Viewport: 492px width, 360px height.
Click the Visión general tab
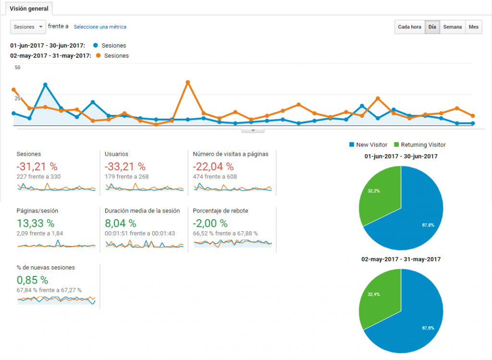(x=29, y=9)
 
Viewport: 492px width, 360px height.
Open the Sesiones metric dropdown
(x=28, y=27)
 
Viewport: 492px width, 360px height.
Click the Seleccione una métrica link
(x=100, y=27)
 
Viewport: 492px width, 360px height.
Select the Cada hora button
(x=409, y=27)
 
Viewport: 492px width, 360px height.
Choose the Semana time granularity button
(x=452, y=27)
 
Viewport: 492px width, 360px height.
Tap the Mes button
(x=474, y=27)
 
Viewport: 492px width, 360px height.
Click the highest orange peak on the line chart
(x=188, y=82)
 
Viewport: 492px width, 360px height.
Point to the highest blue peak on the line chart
(x=45, y=85)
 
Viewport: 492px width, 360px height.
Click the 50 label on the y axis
(x=17, y=68)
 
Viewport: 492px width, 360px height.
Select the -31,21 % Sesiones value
(x=37, y=167)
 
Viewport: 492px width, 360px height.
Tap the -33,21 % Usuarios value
(x=125, y=167)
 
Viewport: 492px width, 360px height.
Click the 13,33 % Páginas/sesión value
(x=36, y=223)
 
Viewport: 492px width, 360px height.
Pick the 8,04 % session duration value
(x=121, y=223)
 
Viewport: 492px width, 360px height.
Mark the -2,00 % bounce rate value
(x=210, y=223)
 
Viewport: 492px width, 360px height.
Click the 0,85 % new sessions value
(x=33, y=280)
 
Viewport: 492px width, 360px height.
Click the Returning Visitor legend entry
(x=419, y=145)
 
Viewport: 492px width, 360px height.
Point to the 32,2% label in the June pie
(x=374, y=191)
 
